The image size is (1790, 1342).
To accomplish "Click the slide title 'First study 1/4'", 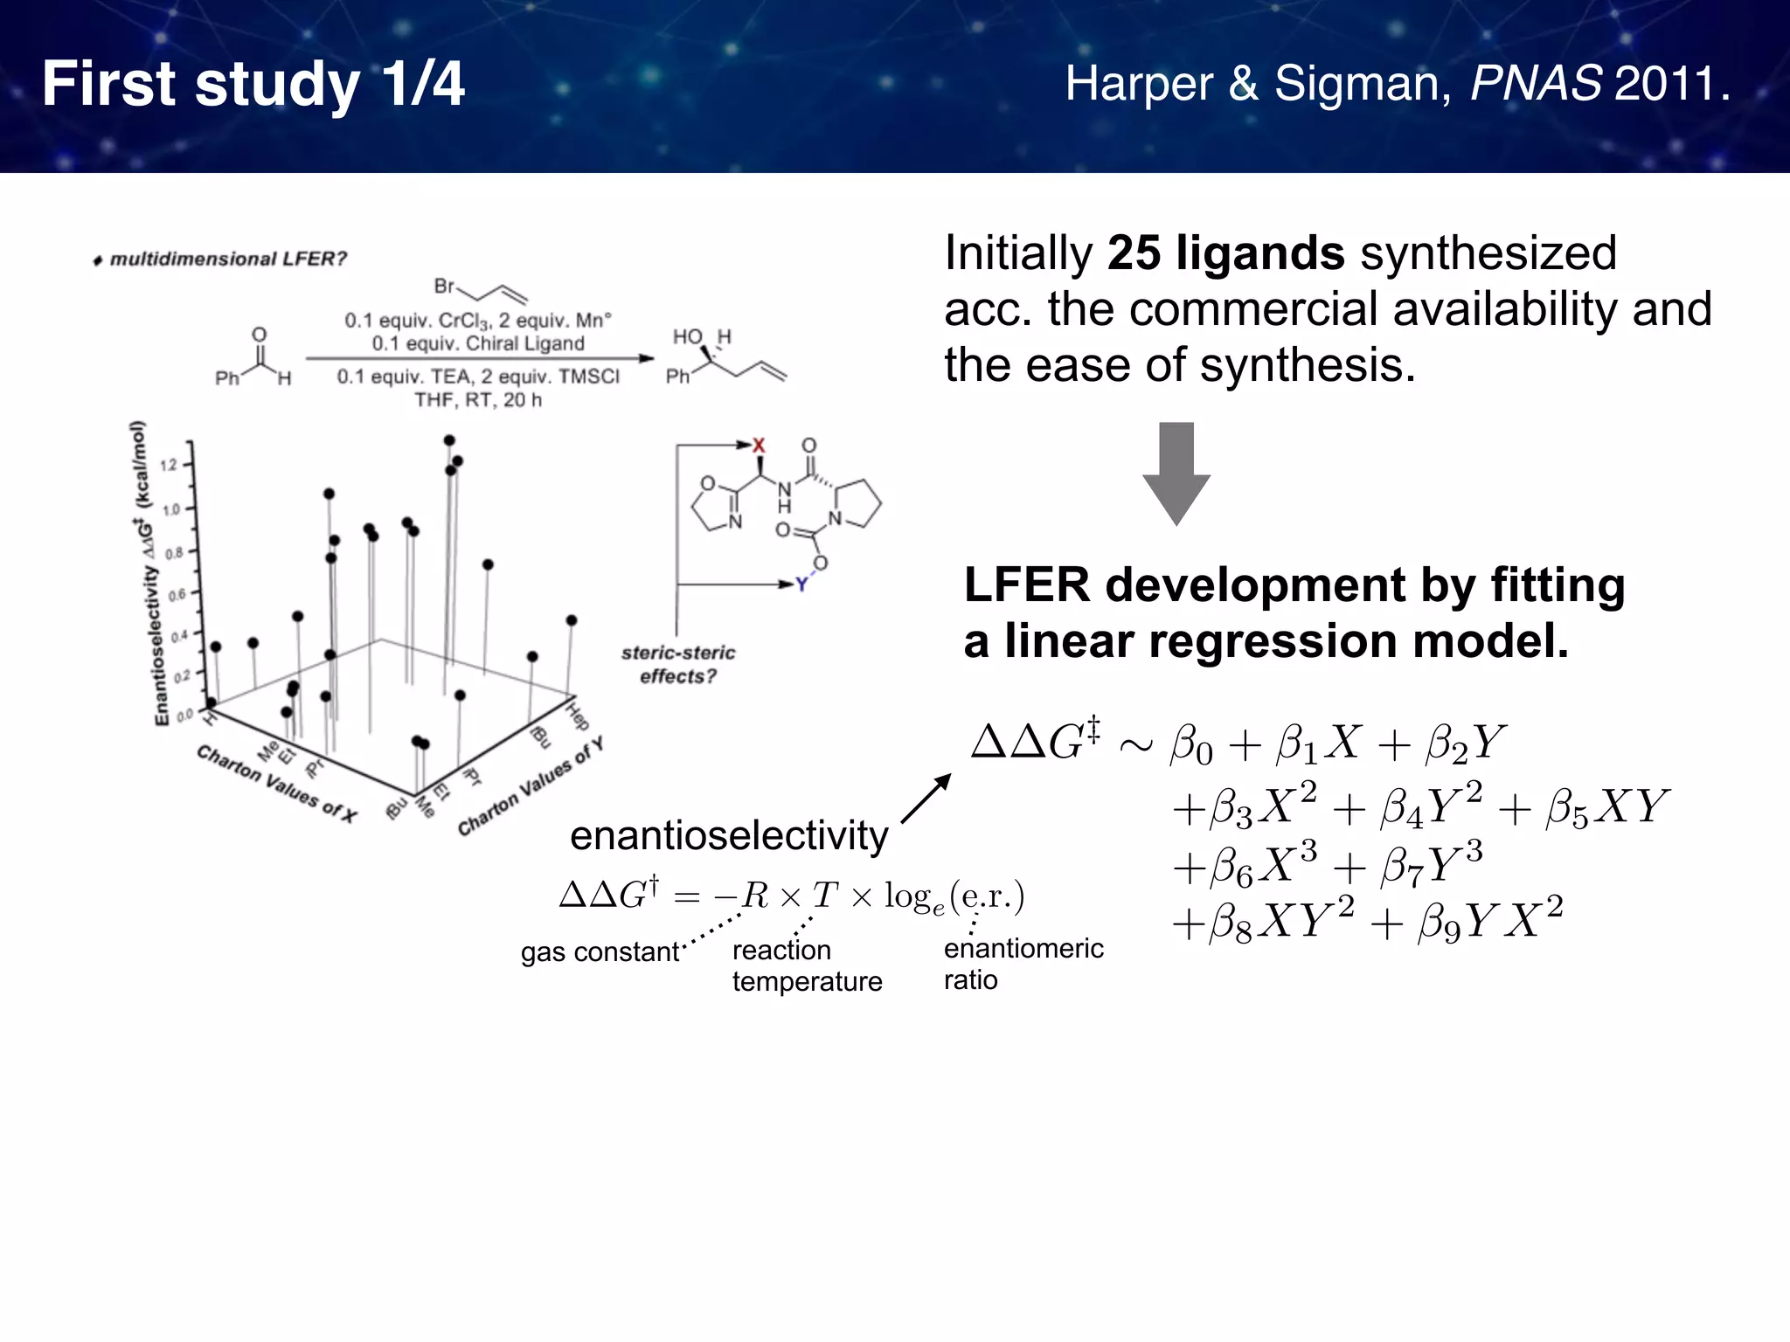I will [253, 84].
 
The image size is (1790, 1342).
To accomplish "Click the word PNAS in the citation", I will [1536, 84].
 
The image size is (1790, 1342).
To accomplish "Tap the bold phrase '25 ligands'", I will [1225, 253].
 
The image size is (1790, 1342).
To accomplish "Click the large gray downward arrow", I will [1176, 473].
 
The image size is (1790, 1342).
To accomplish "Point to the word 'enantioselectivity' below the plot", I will [728, 835].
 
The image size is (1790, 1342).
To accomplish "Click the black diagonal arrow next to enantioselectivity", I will [926, 799].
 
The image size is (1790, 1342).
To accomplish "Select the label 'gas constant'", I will [600, 951].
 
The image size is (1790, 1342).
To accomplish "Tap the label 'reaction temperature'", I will [806, 965].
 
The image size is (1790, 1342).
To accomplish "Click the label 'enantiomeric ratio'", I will [1023, 963].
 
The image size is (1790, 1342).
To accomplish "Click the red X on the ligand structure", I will [759, 446].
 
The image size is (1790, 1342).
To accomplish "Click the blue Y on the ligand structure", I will [801, 585].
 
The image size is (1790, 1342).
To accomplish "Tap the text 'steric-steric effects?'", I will [678, 664].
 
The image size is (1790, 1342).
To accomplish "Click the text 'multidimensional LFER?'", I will [227, 259].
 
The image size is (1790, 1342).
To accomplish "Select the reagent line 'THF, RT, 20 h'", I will [477, 400].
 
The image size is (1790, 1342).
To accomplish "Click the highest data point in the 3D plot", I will [448, 440].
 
